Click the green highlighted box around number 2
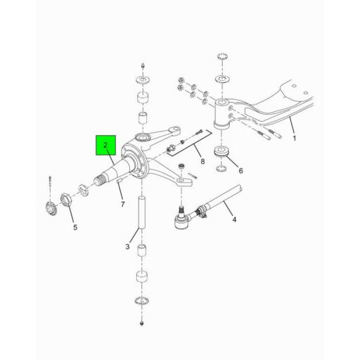click(105, 145)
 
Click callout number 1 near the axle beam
click(295, 139)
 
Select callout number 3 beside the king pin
click(127, 247)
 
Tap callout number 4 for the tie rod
click(234, 219)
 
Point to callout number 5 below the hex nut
click(75, 227)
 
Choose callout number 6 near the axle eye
click(240, 171)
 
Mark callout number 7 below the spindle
click(123, 205)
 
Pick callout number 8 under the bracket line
click(202, 161)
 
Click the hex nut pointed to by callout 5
click(65, 200)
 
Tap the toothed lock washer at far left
click(51, 208)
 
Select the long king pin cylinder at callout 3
click(141, 212)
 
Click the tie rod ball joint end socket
click(181, 221)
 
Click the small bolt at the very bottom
click(141, 323)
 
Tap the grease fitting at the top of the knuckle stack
click(142, 65)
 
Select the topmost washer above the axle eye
click(222, 56)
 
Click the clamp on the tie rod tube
click(202, 210)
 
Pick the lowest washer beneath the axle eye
click(221, 168)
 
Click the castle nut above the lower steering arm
click(181, 167)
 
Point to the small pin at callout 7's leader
click(119, 181)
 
